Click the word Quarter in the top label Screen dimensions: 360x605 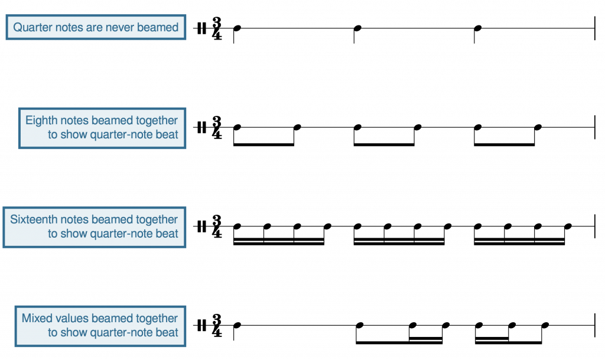click(32, 27)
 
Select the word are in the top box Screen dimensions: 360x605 click(93, 27)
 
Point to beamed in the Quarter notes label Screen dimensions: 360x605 click(158, 27)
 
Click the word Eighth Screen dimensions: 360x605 click(41, 121)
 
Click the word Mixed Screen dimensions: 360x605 click(34, 319)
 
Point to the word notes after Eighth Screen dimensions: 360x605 click(74, 121)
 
